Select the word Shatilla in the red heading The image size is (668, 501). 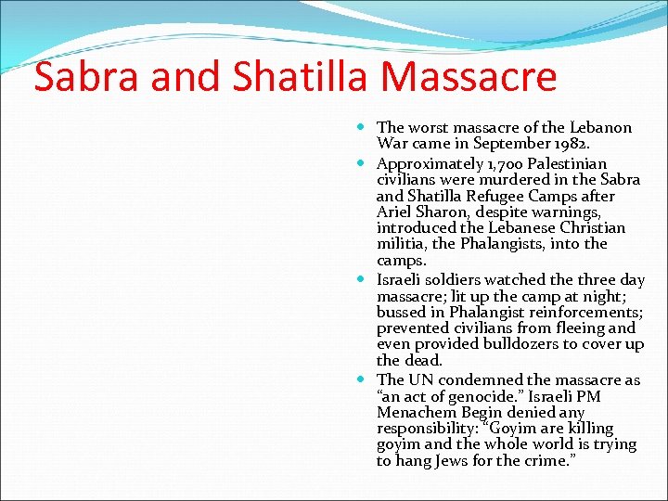pyautogui.click(x=297, y=77)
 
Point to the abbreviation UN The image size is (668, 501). pyautogui.click(x=421, y=379)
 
